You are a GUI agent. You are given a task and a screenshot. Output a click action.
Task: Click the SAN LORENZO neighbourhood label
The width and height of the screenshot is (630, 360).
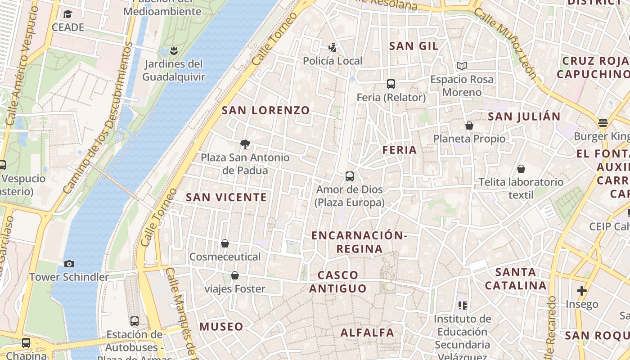pyautogui.click(x=266, y=110)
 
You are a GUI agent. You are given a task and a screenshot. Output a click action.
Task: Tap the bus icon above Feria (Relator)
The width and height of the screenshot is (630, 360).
pyautogui.click(x=391, y=84)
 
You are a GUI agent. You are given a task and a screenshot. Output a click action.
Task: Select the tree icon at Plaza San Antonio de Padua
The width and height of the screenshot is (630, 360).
pyautogui.click(x=245, y=144)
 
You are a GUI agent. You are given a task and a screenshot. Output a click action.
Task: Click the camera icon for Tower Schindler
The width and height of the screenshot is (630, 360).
pyautogui.click(x=69, y=264)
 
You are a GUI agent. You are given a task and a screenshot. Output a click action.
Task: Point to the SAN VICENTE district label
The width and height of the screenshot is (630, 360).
pyautogui.click(x=226, y=197)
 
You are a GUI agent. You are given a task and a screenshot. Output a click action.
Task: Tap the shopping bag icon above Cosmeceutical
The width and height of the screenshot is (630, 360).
pyautogui.click(x=225, y=244)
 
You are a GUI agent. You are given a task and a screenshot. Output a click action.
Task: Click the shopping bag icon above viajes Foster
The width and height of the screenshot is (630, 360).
pyautogui.click(x=234, y=276)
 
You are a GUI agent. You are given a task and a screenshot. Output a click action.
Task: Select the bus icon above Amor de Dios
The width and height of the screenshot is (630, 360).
pyautogui.click(x=350, y=176)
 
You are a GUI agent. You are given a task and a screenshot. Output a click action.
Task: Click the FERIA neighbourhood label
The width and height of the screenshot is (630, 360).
pyautogui.click(x=400, y=150)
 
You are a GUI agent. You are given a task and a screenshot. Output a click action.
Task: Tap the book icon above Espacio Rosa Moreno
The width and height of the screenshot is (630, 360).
pyautogui.click(x=461, y=66)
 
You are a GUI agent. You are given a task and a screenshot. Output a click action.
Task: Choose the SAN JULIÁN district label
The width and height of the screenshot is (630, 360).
pyautogui.click(x=524, y=117)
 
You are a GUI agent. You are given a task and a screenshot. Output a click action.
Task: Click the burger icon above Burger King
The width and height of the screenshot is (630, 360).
pyautogui.click(x=603, y=123)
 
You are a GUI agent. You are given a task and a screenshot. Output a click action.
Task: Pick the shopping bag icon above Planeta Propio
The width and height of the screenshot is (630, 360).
pyautogui.click(x=469, y=126)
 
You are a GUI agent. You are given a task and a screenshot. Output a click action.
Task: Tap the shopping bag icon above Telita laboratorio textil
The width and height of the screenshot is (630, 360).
pyautogui.click(x=521, y=169)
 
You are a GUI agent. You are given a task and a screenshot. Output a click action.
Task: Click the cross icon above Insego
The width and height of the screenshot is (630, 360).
pyautogui.click(x=582, y=291)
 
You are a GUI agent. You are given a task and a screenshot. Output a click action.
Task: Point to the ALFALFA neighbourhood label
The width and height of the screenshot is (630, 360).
pyautogui.click(x=367, y=333)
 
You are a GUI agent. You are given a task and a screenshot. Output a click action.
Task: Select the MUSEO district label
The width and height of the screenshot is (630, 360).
pyautogui.click(x=221, y=327)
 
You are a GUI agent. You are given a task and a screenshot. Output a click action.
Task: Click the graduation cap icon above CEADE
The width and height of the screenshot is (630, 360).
pyautogui.click(x=67, y=14)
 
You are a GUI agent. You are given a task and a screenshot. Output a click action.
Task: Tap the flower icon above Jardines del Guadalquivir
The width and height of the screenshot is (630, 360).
pyautogui.click(x=174, y=50)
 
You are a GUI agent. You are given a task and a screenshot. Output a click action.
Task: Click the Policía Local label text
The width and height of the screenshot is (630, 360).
pyautogui.click(x=333, y=61)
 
